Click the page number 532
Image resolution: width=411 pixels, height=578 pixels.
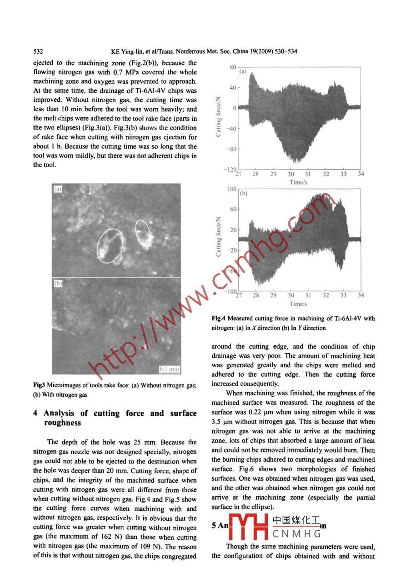pos(38,51)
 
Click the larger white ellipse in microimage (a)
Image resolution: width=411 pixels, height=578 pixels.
pos(110,246)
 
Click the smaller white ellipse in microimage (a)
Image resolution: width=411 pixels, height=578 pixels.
pos(144,234)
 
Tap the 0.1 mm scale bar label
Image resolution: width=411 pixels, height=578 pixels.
pos(169,369)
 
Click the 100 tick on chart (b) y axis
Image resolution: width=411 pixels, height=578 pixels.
pos(231,189)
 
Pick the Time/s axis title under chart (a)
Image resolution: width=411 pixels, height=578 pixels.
pos(299,182)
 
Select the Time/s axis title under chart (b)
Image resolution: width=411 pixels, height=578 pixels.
pos(299,304)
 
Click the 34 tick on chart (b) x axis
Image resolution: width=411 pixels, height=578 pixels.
pos(361,295)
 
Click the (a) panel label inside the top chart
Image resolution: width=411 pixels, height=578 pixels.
pos(243,71)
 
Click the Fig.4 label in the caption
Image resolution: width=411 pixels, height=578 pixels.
pos(219,319)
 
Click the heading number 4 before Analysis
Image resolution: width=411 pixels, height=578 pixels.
pos(36,414)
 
